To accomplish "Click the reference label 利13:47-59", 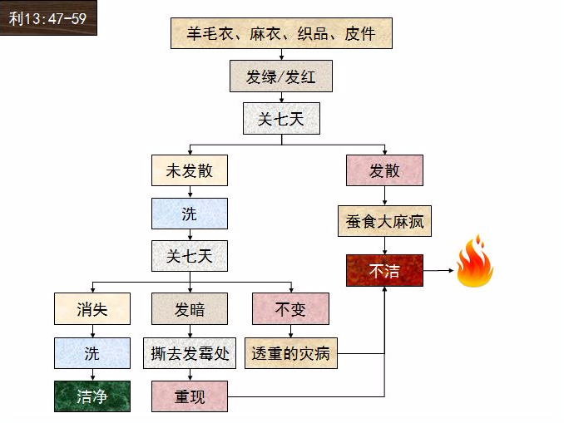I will (47, 17).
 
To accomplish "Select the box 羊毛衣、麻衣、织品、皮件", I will (280, 33).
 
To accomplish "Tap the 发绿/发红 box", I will (281, 76).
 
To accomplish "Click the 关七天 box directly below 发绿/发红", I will (281, 119).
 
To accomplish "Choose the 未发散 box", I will (190, 170).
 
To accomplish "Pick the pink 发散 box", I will (384, 170).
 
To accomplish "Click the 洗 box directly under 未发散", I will (190, 214).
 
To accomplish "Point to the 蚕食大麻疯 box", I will (384, 222).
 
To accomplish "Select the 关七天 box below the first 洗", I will (190, 256).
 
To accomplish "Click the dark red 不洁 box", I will (384, 271).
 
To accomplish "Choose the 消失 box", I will (92, 309).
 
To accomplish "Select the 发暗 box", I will (190, 309).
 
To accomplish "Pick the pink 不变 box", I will (290, 309).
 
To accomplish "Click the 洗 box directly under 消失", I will (92, 353).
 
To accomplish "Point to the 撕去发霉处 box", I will (190, 353).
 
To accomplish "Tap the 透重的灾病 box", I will (290, 353).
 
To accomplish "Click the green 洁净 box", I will (92, 396).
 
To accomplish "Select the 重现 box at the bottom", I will (190, 396).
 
